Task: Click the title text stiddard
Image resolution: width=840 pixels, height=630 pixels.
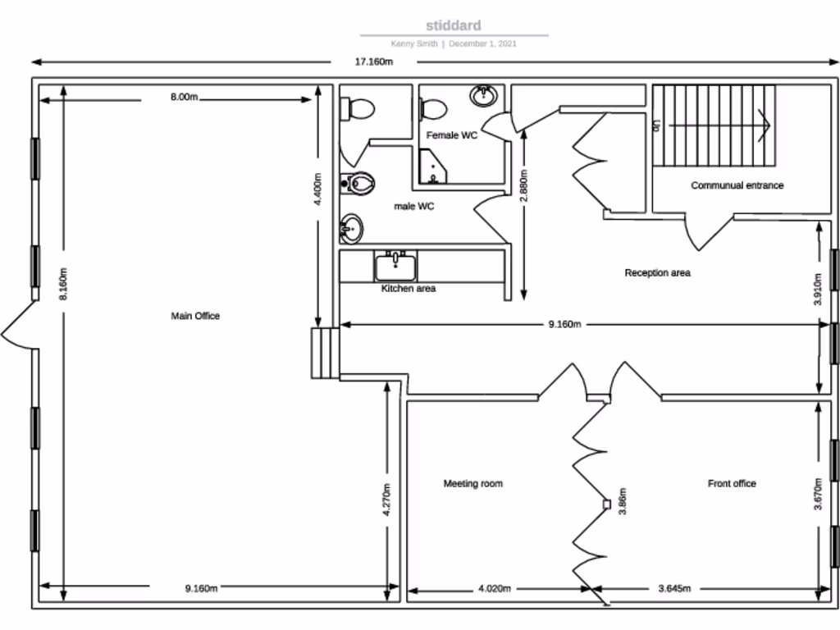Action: click(x=454, y=26)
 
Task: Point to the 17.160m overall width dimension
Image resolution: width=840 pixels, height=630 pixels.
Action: click(x=373, y=62)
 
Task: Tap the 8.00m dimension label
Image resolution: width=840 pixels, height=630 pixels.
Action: click(x=184, y=97)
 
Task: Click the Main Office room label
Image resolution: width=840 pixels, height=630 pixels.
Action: click(x=195, y=316)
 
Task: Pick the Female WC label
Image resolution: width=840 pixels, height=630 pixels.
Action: click(x=451, y=135)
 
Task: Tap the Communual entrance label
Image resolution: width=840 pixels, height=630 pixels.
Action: click(x=737, y=185)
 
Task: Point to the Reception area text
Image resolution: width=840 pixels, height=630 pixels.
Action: click(x=657, y=273)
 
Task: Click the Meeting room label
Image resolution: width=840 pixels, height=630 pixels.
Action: click(x=472, y=484)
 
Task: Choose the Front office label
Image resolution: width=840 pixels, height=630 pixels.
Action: click(x=732, y=484)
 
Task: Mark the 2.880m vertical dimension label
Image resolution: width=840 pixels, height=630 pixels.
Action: click(x=523, y=189)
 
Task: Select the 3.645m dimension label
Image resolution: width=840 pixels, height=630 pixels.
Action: click(x=674, y=588)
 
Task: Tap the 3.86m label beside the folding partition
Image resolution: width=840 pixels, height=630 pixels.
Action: click(x=623, y=500)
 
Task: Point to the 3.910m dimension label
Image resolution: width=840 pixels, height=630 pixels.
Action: click(x=818, y=289)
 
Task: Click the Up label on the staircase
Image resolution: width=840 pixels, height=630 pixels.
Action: click(x=656, y=126)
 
